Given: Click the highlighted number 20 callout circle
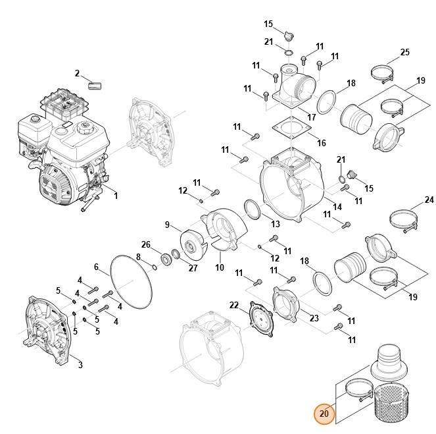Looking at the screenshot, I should [324, 414].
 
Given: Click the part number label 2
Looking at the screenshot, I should [77, 73].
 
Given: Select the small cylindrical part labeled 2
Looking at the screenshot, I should [97, 85].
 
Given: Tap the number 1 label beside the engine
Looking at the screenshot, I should [115, 196].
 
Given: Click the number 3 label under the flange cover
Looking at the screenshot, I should [80, 365].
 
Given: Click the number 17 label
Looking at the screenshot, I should [311, 117].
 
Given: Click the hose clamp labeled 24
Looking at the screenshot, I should [406, 218].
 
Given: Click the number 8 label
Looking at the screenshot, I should [139, 256].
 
